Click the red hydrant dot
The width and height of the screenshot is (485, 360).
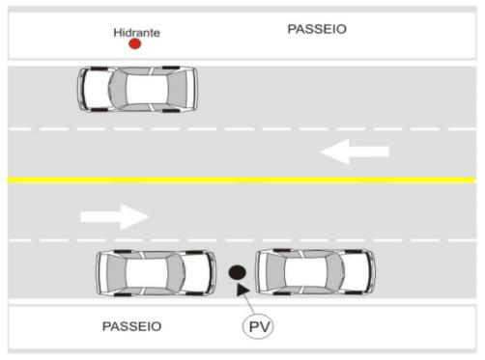pos(135,43)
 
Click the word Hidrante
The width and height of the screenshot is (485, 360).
pos(136,33)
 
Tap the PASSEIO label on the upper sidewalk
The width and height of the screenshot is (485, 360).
pos(317,29)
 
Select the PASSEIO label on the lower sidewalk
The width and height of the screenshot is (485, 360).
pos(131,326)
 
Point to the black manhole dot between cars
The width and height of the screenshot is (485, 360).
pos(238,272)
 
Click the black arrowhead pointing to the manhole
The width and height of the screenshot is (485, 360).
pos(242,289)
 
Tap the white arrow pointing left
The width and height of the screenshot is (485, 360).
pos(355,152)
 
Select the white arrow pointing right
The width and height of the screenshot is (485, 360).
pos(115,216)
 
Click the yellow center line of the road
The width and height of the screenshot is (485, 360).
pos(242,180)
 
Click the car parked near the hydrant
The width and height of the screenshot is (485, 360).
pos(137,90)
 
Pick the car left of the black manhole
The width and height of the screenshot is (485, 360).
pos(157,273)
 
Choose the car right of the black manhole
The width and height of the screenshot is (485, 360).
pos(315,272)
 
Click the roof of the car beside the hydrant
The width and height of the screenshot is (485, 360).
pos(147,90)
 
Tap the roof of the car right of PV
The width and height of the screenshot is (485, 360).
pos(305,272)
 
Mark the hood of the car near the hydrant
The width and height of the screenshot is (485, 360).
pos(96,90)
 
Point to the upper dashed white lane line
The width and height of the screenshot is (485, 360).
pos(242,129)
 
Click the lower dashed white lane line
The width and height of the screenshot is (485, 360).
pos(242,240)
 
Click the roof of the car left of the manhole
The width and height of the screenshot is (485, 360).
pos(147,273)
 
